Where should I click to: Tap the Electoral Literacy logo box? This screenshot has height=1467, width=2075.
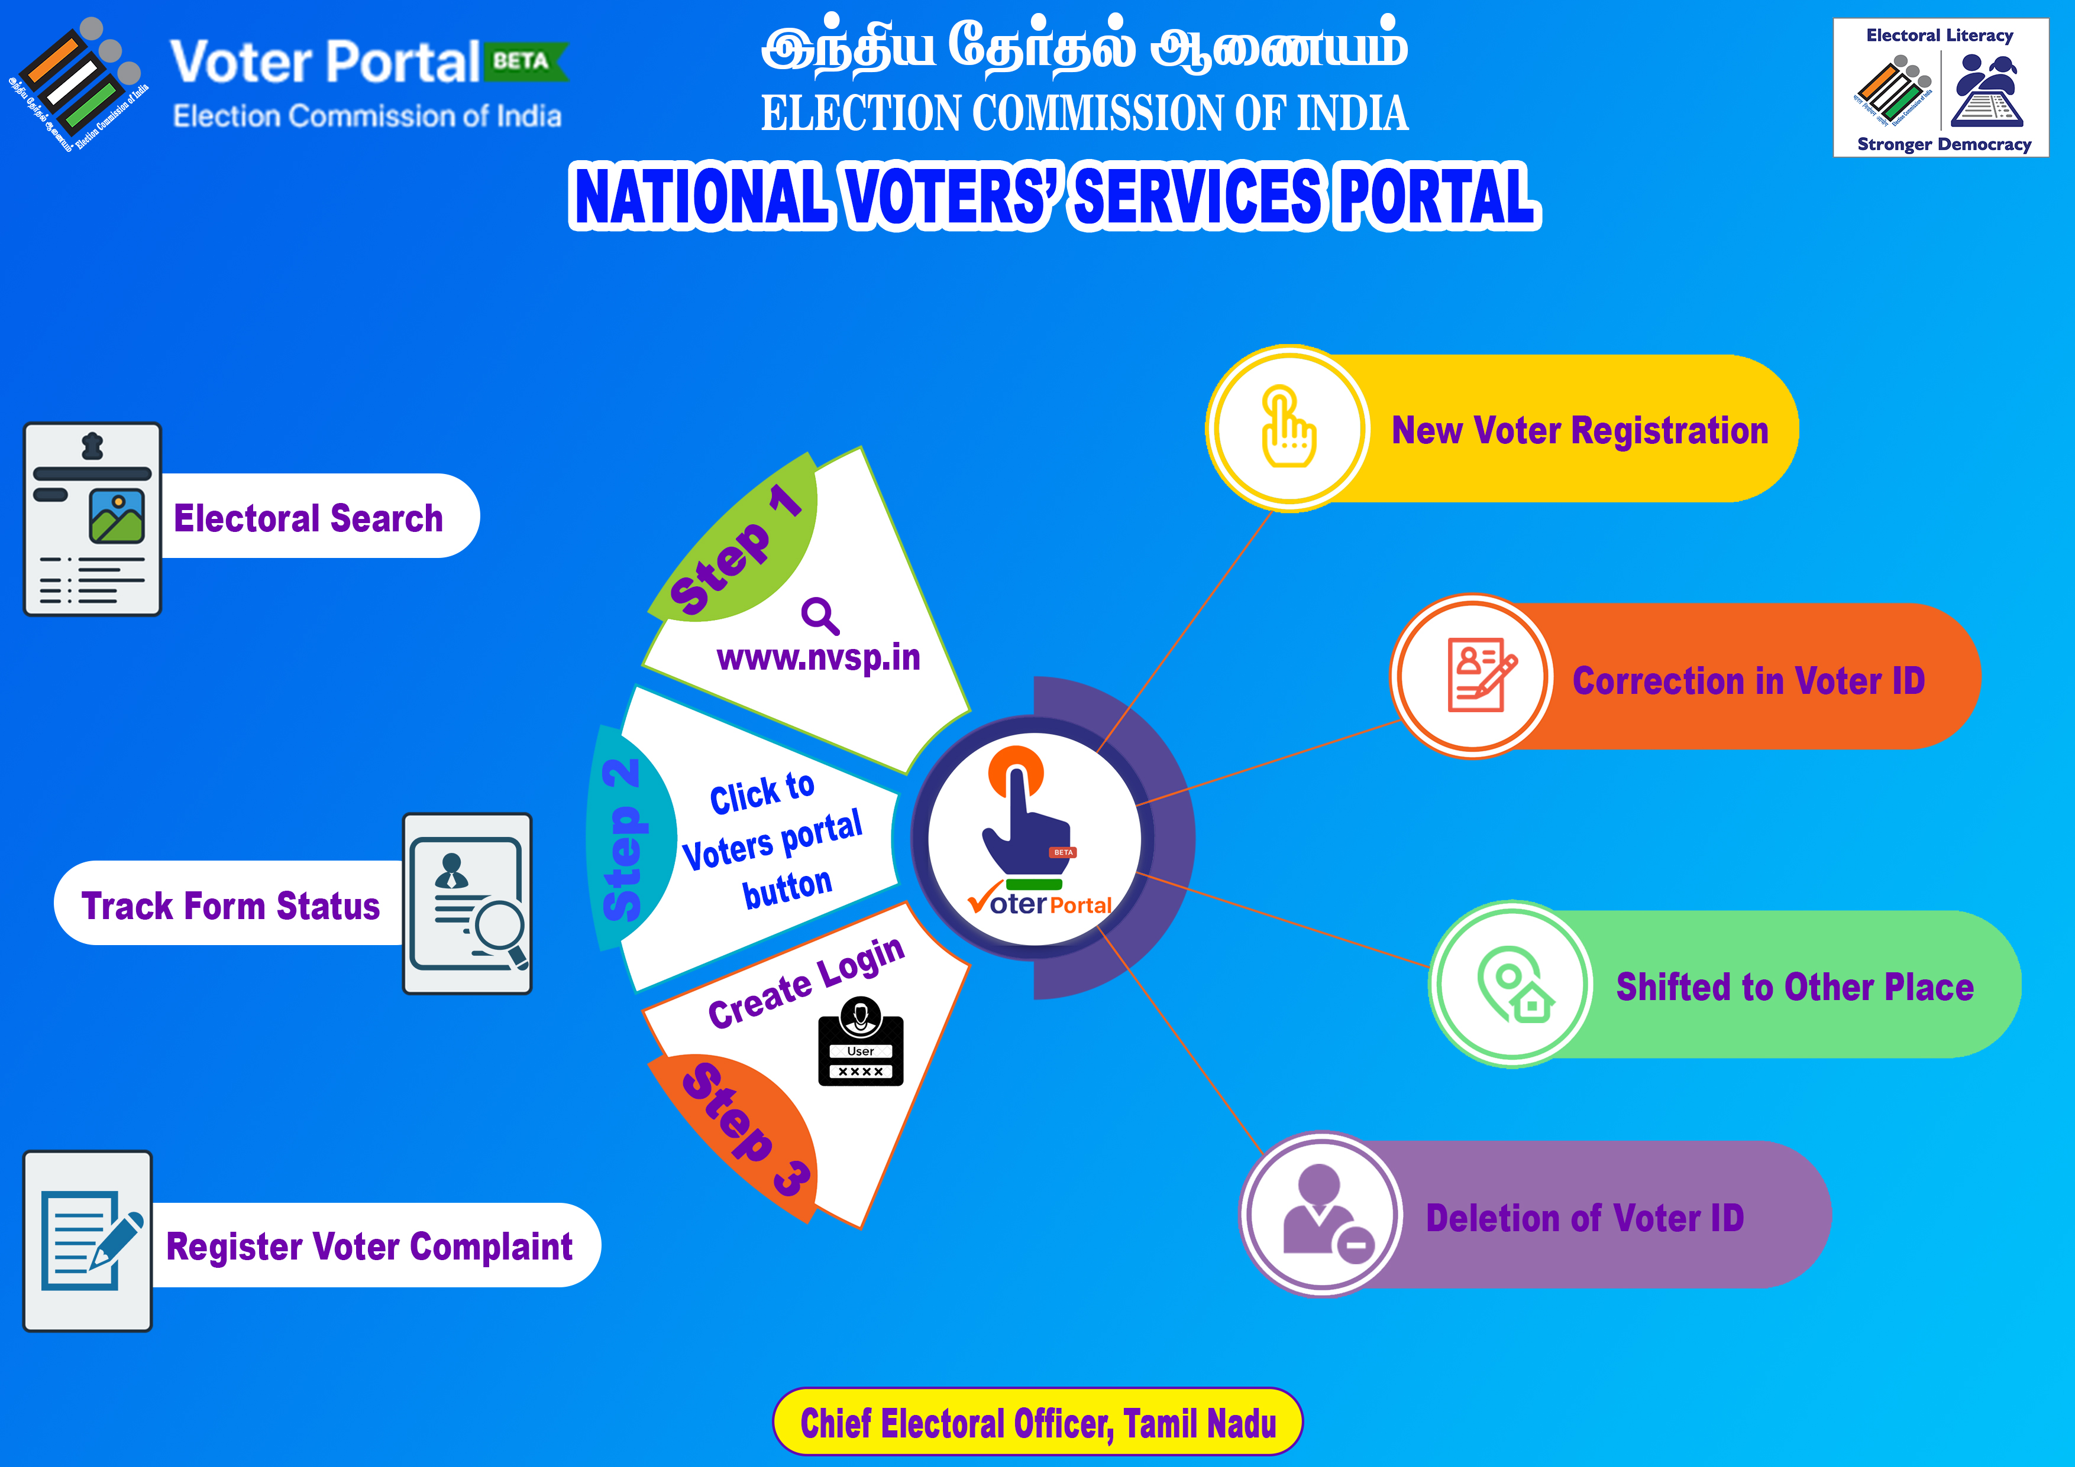pos(1940,87)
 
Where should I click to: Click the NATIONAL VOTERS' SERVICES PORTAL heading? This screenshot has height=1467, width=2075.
pos(1055,196)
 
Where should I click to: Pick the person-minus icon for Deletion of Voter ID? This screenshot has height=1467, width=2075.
pos(1327,1213)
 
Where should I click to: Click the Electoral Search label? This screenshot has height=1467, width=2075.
pos(308,518)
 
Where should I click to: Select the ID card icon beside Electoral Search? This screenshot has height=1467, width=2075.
pos(92,520)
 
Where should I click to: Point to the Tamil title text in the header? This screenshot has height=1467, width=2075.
pos(1084,47)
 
